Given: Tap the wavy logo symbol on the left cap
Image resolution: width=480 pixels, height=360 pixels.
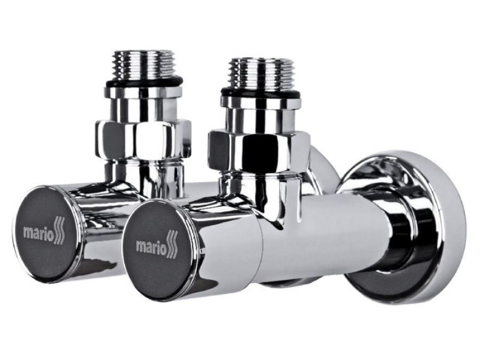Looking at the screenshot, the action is coord(60,230).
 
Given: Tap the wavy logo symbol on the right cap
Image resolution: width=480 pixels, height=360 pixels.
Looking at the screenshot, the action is coord(172,245).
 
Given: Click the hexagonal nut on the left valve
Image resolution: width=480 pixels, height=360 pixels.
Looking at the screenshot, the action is coord(143,137).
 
